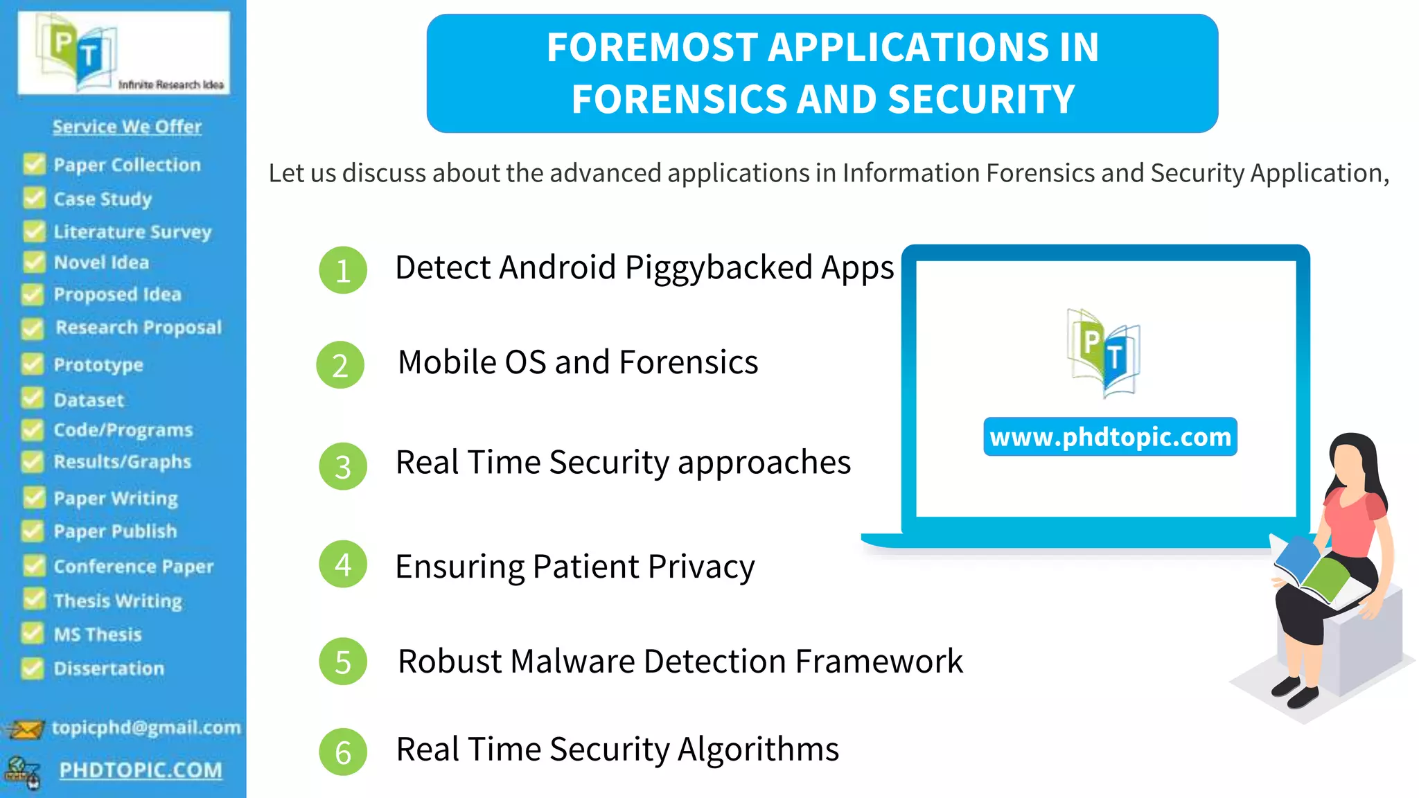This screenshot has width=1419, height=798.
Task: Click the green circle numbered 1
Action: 342,270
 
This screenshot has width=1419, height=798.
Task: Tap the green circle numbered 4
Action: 342,565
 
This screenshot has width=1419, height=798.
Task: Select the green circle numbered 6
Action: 342,752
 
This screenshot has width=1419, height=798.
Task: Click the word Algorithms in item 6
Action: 758,750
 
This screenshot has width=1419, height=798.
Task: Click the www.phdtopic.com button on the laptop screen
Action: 1110,437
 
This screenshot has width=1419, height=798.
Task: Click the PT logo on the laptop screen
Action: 1103,352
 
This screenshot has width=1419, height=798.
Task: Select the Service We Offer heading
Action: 127,127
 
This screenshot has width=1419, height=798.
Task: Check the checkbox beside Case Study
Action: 33,199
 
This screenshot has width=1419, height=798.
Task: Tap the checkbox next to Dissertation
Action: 32,668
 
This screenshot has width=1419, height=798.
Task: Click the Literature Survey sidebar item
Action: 132,231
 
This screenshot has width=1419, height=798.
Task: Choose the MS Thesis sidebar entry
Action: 98,635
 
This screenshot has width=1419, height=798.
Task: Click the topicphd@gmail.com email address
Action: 146,727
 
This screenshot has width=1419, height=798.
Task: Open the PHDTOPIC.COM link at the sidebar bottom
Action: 141,770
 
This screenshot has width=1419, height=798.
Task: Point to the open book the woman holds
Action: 1313,571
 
